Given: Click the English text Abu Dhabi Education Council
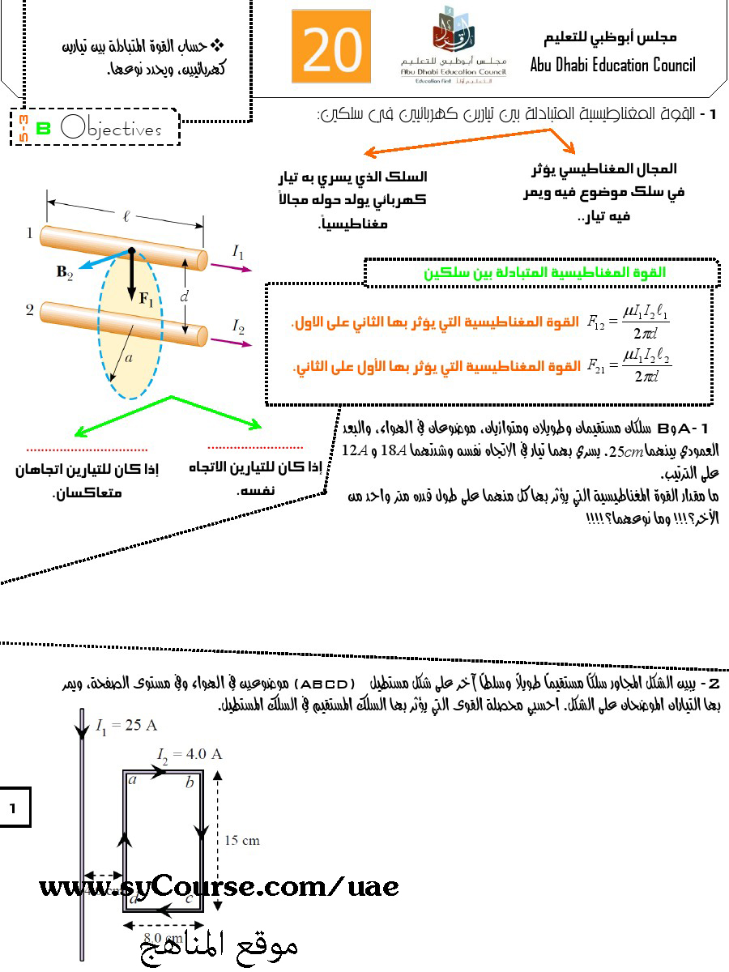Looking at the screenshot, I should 612,65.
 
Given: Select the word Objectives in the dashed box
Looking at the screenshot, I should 111,129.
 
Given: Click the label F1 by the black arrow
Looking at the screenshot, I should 146,298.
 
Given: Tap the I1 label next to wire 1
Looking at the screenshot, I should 238,253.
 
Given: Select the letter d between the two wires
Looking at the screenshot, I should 184,297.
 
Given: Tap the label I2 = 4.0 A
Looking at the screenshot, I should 190,754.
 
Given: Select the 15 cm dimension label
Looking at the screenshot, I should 241,840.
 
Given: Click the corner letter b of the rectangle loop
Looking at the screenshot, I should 189,782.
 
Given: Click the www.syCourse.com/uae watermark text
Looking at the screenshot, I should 219,887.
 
